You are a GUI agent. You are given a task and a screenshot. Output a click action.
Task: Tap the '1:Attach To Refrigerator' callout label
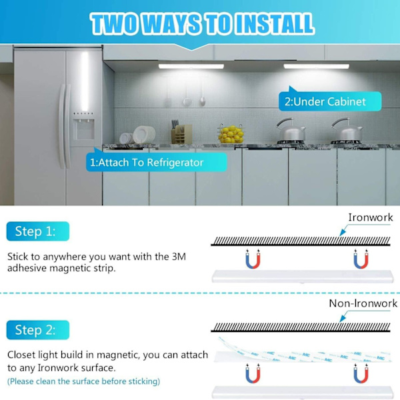(157, 162)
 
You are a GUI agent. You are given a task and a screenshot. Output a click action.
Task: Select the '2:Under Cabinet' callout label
(330, 101)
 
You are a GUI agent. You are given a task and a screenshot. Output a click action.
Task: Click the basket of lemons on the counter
(231, 133)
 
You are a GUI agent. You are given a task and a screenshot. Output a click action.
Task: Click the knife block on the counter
(181, 132)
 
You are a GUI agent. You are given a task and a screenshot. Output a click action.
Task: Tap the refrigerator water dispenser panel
(83, 129)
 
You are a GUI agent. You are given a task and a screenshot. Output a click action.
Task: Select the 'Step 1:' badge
(38, 231)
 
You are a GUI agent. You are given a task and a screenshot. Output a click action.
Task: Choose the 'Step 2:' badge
(38, 330)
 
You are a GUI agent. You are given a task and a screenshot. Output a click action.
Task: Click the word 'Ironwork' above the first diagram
(371, 217)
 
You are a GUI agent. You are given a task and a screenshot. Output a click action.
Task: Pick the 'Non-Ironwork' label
(363, 303)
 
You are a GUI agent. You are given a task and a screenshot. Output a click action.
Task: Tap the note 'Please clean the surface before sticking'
(84, 381)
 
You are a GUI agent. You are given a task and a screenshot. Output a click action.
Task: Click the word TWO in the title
(114, 24)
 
